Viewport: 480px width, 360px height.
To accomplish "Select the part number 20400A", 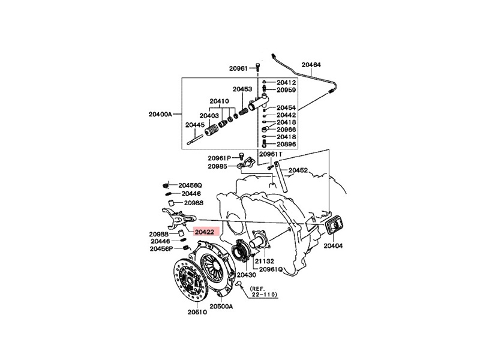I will (160, 113).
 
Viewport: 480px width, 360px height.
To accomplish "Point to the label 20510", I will (196, 312).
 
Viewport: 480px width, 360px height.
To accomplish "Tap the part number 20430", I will (246, 274).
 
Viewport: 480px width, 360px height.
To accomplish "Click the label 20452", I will (298, 170).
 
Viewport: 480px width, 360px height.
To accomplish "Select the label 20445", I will (194, 125).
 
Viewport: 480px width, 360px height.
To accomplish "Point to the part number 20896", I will (286, 145).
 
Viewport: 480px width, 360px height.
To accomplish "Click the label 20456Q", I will (190, 186).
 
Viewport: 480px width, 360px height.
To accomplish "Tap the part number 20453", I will (242, 89).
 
